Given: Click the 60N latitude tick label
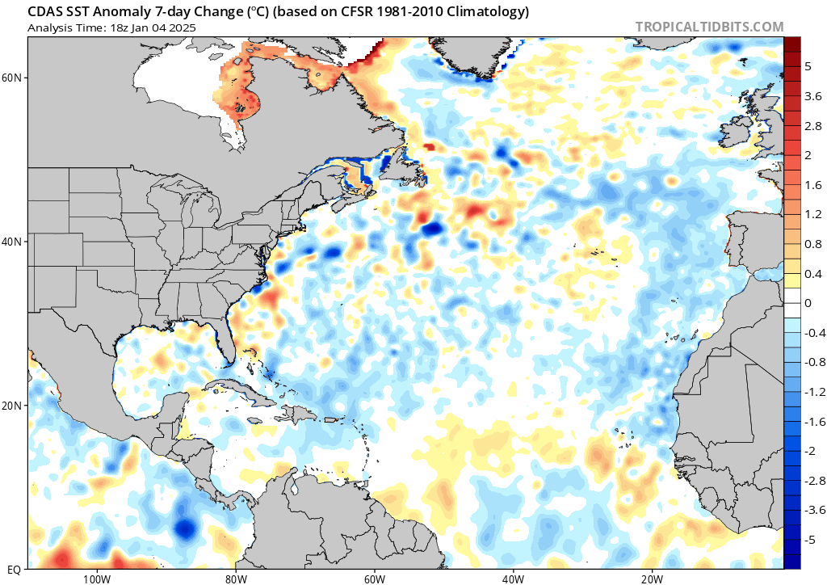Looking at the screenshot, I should (12, 78).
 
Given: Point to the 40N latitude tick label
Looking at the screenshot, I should (12, 242).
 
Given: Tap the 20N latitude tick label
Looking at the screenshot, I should (12, 406).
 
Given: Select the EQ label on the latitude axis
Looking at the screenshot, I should (14, 569).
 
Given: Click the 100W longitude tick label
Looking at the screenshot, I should (95, 579).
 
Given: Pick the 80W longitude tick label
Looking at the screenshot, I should (235, 579).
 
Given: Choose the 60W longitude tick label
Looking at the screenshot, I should (374, 579).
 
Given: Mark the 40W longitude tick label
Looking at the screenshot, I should (513, 579).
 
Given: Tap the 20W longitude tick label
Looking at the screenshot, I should (652, 579).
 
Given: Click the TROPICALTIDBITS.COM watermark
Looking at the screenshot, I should (709, 27).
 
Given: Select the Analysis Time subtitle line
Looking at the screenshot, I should (111, 27).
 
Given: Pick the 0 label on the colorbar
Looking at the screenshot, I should (808, 303).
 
